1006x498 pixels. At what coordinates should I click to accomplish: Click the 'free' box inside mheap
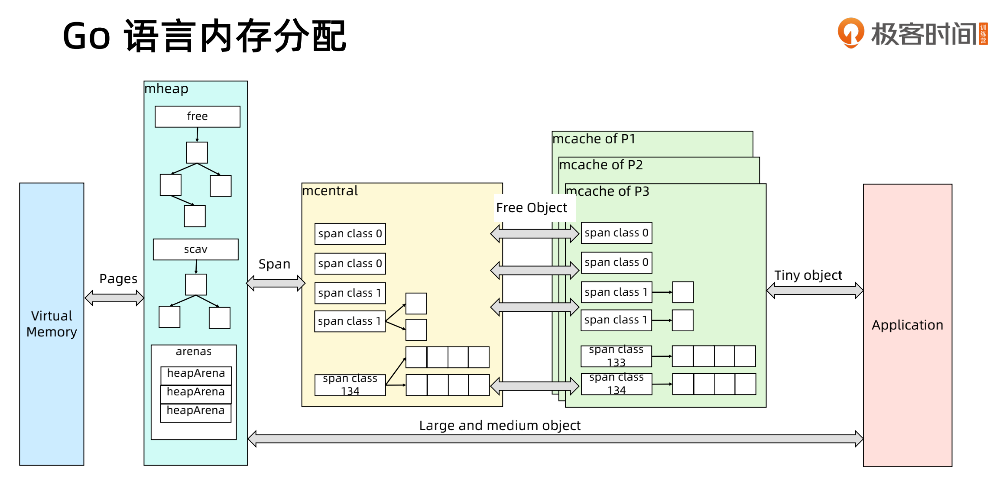point(197,116)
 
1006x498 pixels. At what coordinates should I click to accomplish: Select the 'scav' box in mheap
point(195,249)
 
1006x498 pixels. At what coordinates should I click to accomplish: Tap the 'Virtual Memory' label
point(52,323)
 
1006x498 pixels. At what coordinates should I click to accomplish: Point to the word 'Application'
point(907,325)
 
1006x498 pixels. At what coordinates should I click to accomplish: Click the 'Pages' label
point(118,278)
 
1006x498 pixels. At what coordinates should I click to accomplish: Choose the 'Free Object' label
point(531,208)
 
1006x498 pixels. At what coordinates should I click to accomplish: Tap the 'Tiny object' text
point(808,275)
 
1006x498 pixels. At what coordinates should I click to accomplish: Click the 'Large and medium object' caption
point(500,425)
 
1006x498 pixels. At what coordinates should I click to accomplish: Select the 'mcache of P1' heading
point(594,139)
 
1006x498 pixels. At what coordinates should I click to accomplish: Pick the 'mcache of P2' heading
point(600,165)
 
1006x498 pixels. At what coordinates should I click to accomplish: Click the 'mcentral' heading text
point(330,191)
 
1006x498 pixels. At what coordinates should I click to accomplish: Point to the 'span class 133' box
point(616,356)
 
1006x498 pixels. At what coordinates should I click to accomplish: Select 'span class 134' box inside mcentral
point(350,385)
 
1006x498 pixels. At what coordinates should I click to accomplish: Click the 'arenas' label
point(194,351)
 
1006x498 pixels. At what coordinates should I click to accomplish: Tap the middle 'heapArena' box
point(196,392)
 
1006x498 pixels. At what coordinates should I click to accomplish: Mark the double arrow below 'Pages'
point(114,298)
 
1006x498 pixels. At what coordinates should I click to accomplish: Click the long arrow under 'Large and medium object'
point(555,439)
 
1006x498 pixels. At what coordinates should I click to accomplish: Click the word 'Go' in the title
point(87,36)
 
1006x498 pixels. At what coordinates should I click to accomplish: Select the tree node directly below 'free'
point(197,152)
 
